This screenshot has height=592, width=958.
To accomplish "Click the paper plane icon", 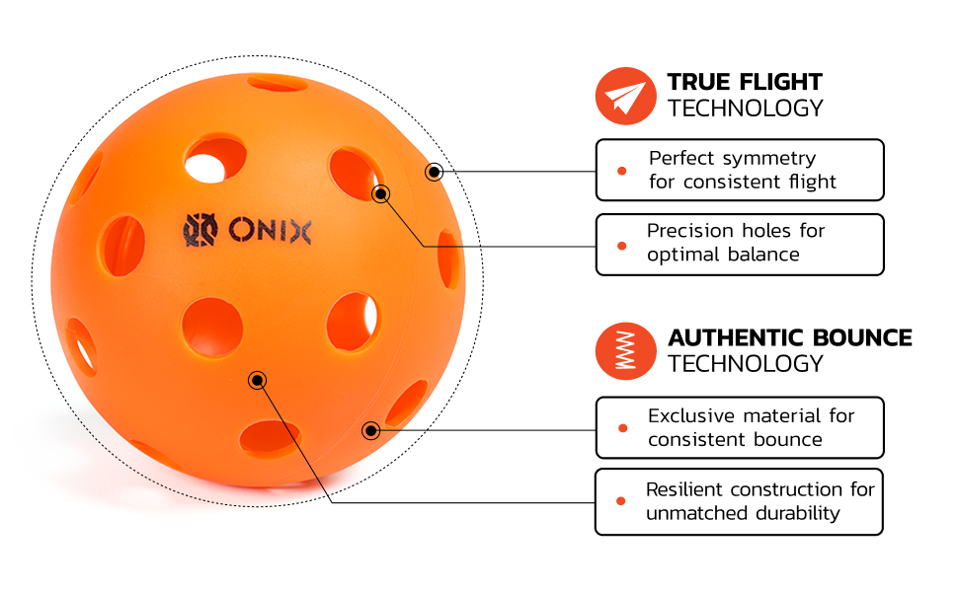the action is [x=625, y=97].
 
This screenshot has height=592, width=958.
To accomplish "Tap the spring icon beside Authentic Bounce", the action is [x=625, y=351].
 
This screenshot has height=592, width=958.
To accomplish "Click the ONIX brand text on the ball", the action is [x=270, y=231].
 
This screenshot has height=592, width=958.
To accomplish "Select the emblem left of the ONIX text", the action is [x=200, y=230].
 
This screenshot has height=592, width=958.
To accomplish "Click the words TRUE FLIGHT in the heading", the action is [x=745, y=82].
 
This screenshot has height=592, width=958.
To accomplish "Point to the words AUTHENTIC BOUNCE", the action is [x=789, y=337].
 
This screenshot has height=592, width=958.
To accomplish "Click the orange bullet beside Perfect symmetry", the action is [x=622, y=171].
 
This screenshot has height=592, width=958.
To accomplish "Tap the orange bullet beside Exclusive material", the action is [x=622, y=428].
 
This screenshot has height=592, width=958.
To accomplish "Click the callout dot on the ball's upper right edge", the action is [x=434, y=172].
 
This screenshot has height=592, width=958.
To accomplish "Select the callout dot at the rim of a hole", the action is [x=380, y=194].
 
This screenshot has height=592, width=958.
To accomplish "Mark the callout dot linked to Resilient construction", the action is [x=257, y=381].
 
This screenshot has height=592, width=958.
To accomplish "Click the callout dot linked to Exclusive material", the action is [x=371, y=431].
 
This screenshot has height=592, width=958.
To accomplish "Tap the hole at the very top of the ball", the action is [x=277, y=83].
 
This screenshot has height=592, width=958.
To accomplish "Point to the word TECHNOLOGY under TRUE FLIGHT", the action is [x=745, y=108].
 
